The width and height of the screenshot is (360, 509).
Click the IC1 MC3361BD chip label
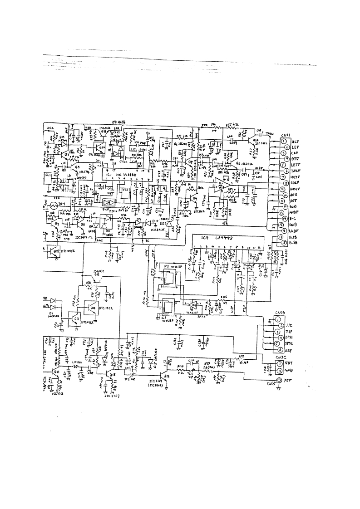[x=122, y=174]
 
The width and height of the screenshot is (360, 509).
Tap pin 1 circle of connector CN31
[x=284, y=142]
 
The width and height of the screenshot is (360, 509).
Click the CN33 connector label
[x=280, y=313]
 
